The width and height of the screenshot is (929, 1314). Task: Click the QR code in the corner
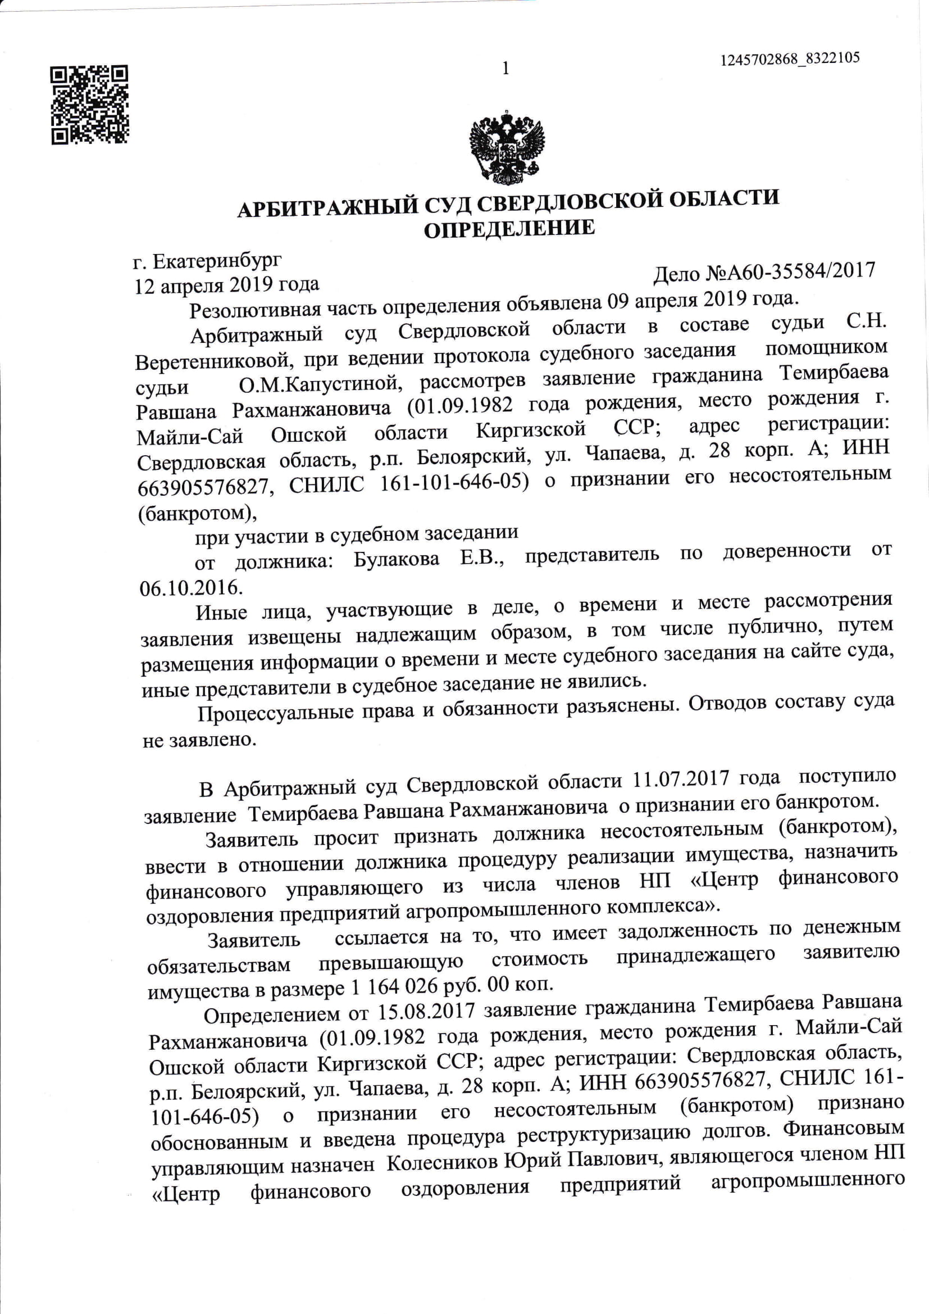90,105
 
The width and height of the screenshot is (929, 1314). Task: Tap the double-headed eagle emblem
506,147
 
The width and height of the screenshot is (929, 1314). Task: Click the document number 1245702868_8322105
790,60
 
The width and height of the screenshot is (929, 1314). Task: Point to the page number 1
505,69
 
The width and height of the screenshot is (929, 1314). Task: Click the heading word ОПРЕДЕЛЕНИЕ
508,229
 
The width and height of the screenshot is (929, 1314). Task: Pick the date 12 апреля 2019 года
226,284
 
